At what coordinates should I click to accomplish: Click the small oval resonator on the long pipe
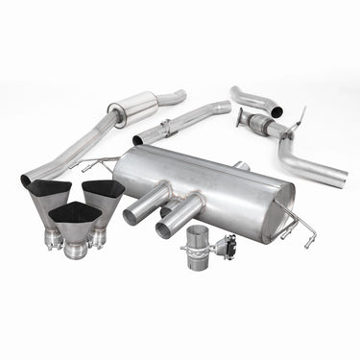pyautogui.click(x=133, y=109)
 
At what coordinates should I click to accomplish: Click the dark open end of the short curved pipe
pyautogui.click(x=276, y=113)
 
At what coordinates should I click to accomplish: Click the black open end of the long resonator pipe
pyautogui.click(x=26, y=180)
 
